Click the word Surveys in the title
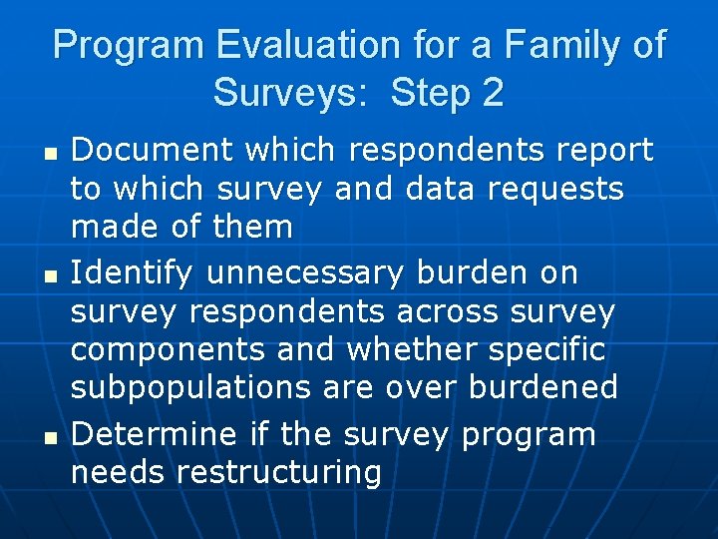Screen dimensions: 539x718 [287, 94]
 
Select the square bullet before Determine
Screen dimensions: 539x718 [41, 437]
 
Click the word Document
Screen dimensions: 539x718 [154, 151]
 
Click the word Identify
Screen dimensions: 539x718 [141, 271]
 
